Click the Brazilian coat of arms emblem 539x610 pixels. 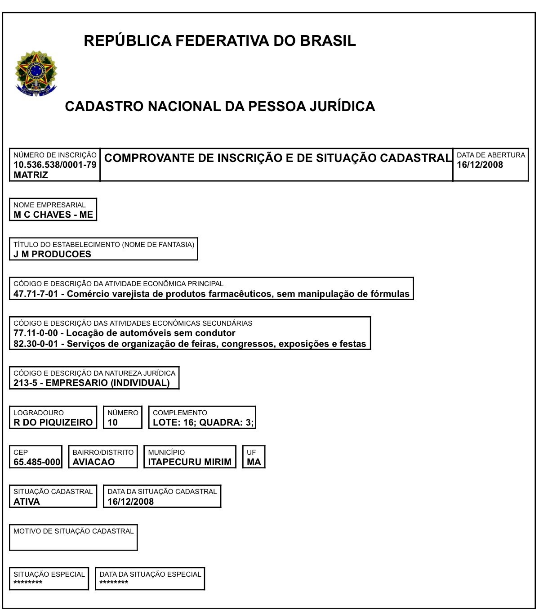point(36,73)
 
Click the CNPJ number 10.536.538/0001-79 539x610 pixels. point(55,165)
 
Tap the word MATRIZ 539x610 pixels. point(31,175)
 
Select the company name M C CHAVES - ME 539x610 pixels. point(53,215)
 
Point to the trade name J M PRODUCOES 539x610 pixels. point(52,254)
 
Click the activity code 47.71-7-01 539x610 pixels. point(36,294)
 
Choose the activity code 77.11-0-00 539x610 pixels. point(36,333)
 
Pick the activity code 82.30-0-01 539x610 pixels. point(36,344)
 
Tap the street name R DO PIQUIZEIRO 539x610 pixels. point(53,422)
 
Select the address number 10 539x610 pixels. point(112,422)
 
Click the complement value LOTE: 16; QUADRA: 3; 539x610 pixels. point(203,422)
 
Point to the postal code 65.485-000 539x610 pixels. point(37,462)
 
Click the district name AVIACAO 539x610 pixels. point(94,462)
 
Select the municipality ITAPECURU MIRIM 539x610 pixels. point(190,462)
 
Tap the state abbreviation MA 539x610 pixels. point(254,462)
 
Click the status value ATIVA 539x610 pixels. point(27,502)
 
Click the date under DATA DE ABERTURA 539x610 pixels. point(480,165)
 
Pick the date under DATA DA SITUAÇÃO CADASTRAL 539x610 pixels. point(130,502)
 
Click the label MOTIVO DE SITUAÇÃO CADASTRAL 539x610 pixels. point(74,531)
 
